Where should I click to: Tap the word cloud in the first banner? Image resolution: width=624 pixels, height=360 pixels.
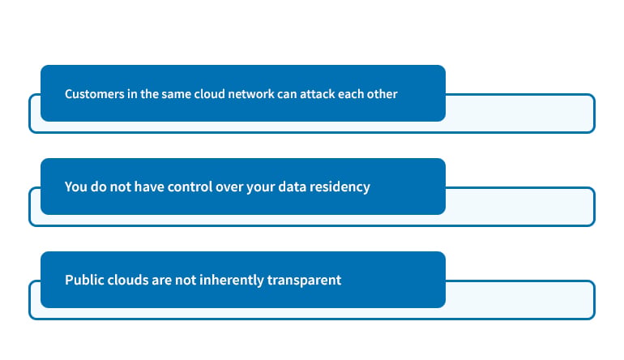click(x=209, y=94)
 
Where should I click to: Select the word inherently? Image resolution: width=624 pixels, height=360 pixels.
click(x=232, y=281)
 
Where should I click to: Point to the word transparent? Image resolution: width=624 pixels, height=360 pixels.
click(x=304, y=281)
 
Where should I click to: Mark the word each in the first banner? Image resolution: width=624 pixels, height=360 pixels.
click(x=350, y=94)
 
